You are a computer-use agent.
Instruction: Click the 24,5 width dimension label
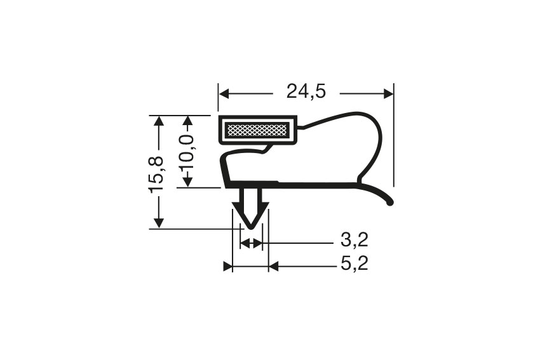[306, 93]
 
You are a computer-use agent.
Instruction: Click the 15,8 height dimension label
[157, 173]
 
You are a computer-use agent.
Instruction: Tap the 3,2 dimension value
[354, 241]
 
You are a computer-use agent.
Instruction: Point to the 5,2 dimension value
[354, 263]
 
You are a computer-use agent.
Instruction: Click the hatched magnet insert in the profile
[257, 131]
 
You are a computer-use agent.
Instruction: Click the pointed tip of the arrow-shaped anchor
[251, 227]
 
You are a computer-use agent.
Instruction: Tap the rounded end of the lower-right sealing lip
[389, 203]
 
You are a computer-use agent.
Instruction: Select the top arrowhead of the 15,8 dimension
[158, 121]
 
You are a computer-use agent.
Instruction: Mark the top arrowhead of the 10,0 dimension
[187, 121]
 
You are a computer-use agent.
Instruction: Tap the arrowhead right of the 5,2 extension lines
[274, 267]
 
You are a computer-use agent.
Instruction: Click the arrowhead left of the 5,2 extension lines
[227, 267]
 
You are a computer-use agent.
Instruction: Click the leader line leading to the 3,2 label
[299, 243]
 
